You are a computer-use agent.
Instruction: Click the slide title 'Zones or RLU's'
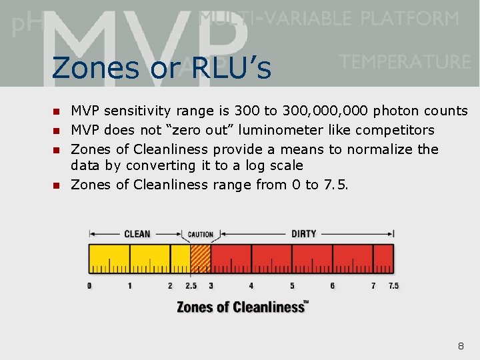click(x=161, y=67)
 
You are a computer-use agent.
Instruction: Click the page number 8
click(x=461, y=346)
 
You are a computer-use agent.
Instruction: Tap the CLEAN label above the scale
click(x=137, y=234)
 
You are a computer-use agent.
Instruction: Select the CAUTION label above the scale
click(x=200, y=235)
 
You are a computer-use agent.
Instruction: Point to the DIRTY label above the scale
click(x=303, y=234)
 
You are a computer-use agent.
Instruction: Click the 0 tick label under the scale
click(x=89, y=286)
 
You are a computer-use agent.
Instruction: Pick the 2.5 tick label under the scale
click(x=190, y=286)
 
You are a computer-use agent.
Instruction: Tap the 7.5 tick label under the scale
click(x=393, y=286)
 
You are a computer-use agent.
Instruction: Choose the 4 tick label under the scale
click(x=251, y=286)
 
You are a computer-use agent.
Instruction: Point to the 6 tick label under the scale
click(x=333, y=286)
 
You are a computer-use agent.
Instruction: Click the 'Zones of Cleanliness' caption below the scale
click(x=242, y=307)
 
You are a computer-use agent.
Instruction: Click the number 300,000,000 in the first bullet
click(x=317, y=111)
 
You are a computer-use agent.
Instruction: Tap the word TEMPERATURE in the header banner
click(x=405, y=62)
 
